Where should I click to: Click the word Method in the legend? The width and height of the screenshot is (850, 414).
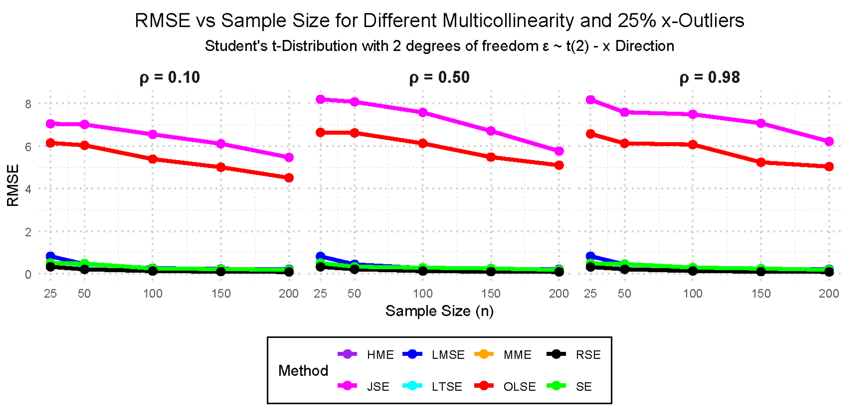303,370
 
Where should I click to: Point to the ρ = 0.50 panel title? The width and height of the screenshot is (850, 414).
439,78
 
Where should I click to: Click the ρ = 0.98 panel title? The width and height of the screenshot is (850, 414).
710,78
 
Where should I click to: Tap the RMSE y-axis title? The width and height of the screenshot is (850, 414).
13,185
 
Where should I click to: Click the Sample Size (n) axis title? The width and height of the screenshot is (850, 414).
439,311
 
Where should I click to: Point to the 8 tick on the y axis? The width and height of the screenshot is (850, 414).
28,104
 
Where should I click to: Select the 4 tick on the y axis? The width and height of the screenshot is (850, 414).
28,189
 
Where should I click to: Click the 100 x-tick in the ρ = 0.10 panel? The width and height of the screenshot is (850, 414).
152,293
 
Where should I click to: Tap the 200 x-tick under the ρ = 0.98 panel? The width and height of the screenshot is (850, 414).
829,293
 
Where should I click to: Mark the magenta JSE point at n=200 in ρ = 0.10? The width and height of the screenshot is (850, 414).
289,157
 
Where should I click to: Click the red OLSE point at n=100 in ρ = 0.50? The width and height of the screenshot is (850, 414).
423,144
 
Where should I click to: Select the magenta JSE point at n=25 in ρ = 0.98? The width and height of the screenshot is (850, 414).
591,100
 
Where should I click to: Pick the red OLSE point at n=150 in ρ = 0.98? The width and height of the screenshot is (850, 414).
761,162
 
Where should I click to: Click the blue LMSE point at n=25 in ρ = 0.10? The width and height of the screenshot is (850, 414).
50,256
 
